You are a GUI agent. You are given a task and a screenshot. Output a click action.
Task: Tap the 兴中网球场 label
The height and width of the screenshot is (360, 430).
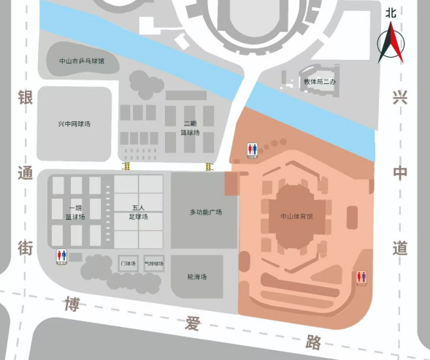74,124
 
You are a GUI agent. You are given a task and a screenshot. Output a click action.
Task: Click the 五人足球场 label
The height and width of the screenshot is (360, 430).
140,212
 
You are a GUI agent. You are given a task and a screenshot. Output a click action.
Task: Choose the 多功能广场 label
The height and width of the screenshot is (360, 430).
205,212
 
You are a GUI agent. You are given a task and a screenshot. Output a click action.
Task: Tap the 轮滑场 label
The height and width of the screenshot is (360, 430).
197,277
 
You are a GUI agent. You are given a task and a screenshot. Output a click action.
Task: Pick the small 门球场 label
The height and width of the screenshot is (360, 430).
128,263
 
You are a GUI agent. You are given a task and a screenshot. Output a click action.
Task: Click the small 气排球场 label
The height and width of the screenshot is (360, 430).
153,263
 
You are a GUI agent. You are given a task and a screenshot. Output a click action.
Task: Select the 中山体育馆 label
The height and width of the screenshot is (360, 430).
296,217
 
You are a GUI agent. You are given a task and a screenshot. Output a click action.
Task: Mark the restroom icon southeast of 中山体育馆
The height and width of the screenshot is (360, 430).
361,278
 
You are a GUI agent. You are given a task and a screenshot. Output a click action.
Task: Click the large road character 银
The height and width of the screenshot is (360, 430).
26,99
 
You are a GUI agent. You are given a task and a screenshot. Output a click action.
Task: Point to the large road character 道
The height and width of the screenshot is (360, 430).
399,248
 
